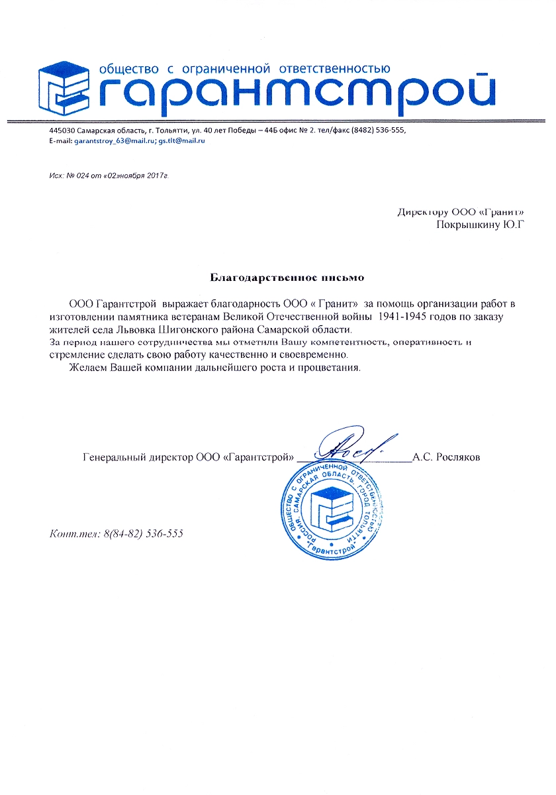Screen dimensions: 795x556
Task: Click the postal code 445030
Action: [x=62, y=130]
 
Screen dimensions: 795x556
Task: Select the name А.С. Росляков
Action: [x=446, y=457]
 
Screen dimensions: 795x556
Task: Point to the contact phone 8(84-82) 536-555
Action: [x=143, y=533]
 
